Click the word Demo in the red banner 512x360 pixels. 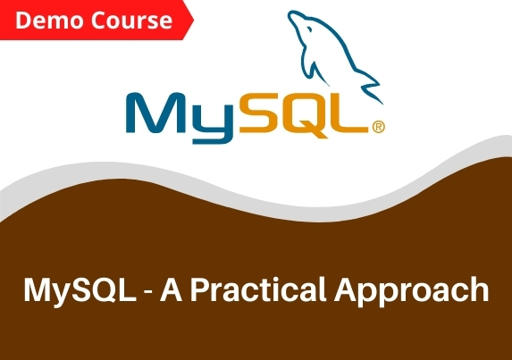(49, 21)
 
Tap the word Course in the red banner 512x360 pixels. (131, 21)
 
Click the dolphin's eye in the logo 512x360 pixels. (309, 30)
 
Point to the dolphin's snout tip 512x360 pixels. (290, 15)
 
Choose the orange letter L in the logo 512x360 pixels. (349, 113)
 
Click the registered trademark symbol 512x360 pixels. (379, 127)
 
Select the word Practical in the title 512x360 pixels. (258, 289)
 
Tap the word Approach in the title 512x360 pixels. (411, 291)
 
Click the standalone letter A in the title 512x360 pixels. (171, 289)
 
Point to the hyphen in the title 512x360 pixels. (148, 292)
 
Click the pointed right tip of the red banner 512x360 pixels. (194, 20)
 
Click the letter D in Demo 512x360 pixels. (22, 21)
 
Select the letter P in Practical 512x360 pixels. (198, 289)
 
